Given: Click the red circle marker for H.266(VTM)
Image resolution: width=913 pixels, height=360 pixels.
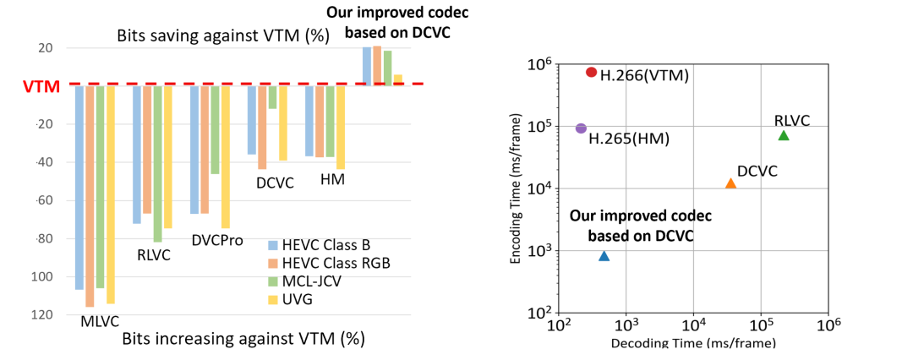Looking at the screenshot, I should (x=591, y=73).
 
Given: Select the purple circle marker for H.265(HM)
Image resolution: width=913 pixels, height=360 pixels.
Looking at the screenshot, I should (x=581, y=128).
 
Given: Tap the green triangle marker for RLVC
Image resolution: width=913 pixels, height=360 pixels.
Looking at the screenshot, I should (x=784, y=135).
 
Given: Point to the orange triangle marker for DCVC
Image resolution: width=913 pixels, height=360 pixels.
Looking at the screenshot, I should (x=731, y=183).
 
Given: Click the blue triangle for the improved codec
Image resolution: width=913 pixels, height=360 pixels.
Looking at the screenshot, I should (x=604, y=256).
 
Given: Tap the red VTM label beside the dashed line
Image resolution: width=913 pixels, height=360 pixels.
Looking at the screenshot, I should (x=39, y=86).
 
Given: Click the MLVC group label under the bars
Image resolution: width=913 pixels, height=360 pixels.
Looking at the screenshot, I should (x=100, y=322).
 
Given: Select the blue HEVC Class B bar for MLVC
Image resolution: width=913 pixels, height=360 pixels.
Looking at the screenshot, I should (x=79, y=187).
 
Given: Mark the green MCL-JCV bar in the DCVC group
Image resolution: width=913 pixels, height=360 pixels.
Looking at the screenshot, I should (x=272, y=96).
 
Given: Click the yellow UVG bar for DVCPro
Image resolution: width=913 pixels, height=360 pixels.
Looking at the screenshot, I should (x=225, y=156).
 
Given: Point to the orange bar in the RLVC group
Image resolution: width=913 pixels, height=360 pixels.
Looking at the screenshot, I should (x=147, y=149).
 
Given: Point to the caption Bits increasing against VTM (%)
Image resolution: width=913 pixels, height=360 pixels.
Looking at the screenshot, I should (x=243, y=339).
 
